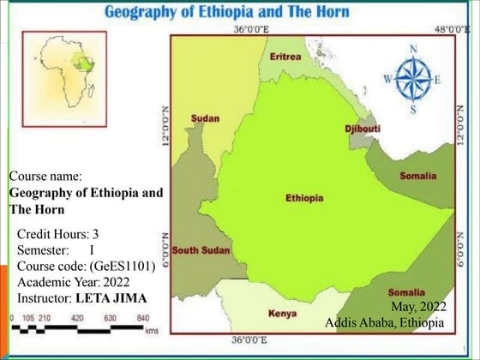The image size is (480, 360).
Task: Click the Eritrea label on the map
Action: click(x=285, y=57)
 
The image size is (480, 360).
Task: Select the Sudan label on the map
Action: click(x=205, y=118)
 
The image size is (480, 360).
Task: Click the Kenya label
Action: click(x=282, y=314)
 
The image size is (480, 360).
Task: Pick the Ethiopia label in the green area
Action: click(x=304, y=197)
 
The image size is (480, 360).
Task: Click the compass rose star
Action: click(x=413, y=79)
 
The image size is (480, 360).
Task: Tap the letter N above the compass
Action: click(x=414, y=50)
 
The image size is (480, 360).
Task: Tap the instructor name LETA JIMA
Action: click(x=111, y=297)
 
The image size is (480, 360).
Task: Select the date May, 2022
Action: click(x=417, y=306)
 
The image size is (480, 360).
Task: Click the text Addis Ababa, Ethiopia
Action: click(x=385, y=322)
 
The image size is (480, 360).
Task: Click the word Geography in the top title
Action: click(x=141, y=12)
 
